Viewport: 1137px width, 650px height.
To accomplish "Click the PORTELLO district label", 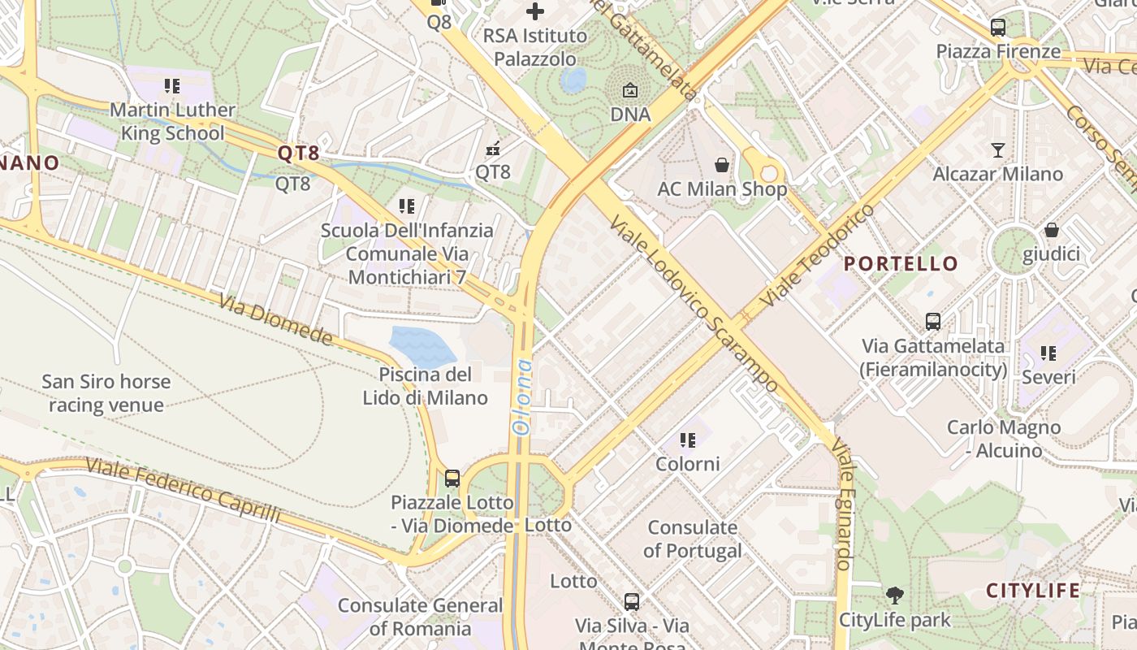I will (x=901, y=264).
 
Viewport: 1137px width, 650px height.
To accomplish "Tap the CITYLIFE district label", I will (x=1033, y=591).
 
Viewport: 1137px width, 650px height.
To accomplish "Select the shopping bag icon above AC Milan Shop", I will (x=722, y=166).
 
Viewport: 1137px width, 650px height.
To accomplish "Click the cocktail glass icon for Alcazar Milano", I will (x=997, y=150).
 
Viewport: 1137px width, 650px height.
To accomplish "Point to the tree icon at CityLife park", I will (x=894, y=596).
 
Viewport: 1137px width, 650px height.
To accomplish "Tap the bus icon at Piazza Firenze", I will (x=997, y=28).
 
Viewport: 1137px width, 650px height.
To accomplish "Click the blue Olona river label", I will (x=521, y=396).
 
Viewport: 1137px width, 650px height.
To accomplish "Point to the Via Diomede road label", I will (x=275, y=318).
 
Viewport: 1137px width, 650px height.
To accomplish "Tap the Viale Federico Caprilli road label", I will (x=183, y=490).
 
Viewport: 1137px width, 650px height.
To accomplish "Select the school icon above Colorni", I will (x=688, y=440).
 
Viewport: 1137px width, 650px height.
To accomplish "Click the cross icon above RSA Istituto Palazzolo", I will (x=534, y=11).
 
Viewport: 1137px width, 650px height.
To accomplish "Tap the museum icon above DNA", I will (x=630, y=90).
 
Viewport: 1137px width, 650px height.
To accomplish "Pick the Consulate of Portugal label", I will (x=692, y=539).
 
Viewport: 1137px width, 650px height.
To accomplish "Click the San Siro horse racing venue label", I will (x=106, y=393).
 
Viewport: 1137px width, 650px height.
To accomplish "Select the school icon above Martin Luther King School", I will (x=171, y=85).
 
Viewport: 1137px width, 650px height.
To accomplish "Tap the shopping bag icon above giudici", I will (x=1051, y=230).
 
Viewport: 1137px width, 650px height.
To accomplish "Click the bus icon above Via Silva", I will (x=632, y=602).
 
